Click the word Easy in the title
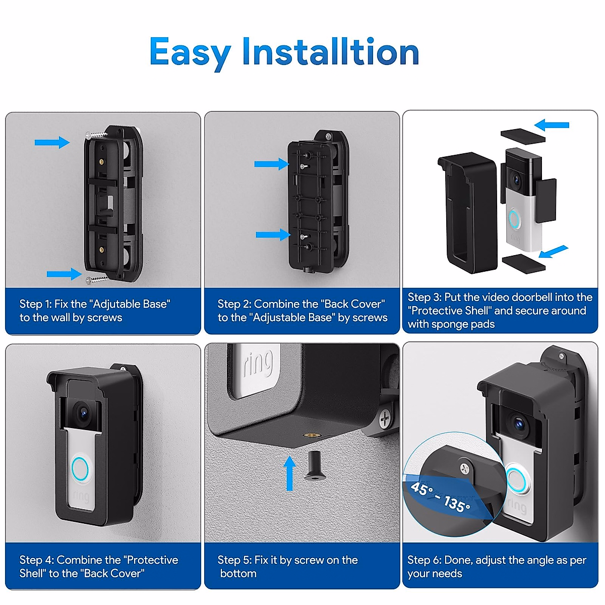coord(190,52)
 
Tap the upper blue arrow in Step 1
coord(52,143)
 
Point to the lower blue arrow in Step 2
coord(273,234)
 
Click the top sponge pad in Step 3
coord(522,136)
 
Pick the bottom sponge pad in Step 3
coord(523,263)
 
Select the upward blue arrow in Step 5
coord(289,473)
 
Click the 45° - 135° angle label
coord(440,497)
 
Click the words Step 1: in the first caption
coord(35,304)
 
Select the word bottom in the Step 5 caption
coord(238,574)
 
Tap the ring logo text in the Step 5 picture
coord(259,364)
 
